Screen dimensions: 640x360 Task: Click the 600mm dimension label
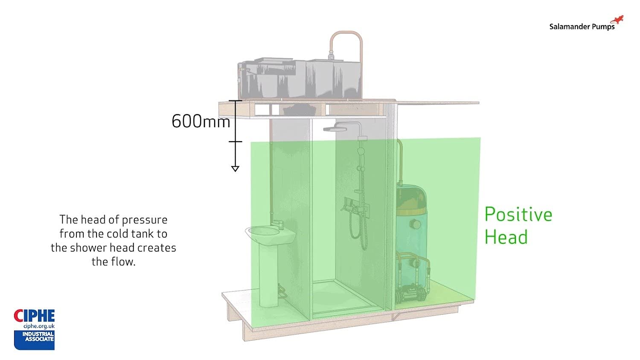click(x=201, y=122)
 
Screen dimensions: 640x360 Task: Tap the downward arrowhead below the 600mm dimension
click(x=235, y=168)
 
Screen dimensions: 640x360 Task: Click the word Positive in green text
click(x=518, y=215)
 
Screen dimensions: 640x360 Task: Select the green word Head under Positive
click(x=506, y=238)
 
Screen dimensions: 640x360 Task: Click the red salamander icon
click(x=617, y=20)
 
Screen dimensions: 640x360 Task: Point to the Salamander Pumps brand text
click(x=582, y=27)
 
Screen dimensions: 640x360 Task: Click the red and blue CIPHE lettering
click(x=34, y=316)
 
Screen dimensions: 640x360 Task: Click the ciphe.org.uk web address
click(x=39, y=326)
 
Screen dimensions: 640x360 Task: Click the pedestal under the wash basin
click(x=269, y=273)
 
